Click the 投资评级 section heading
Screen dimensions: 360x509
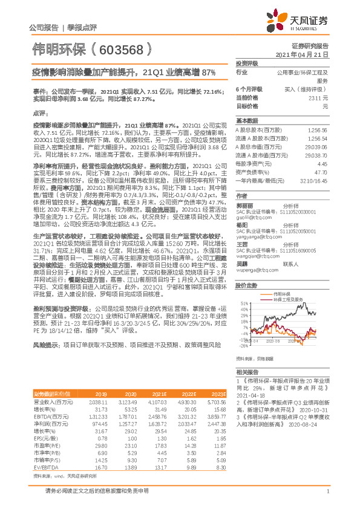pyautogui.click(x=246, y=63)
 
